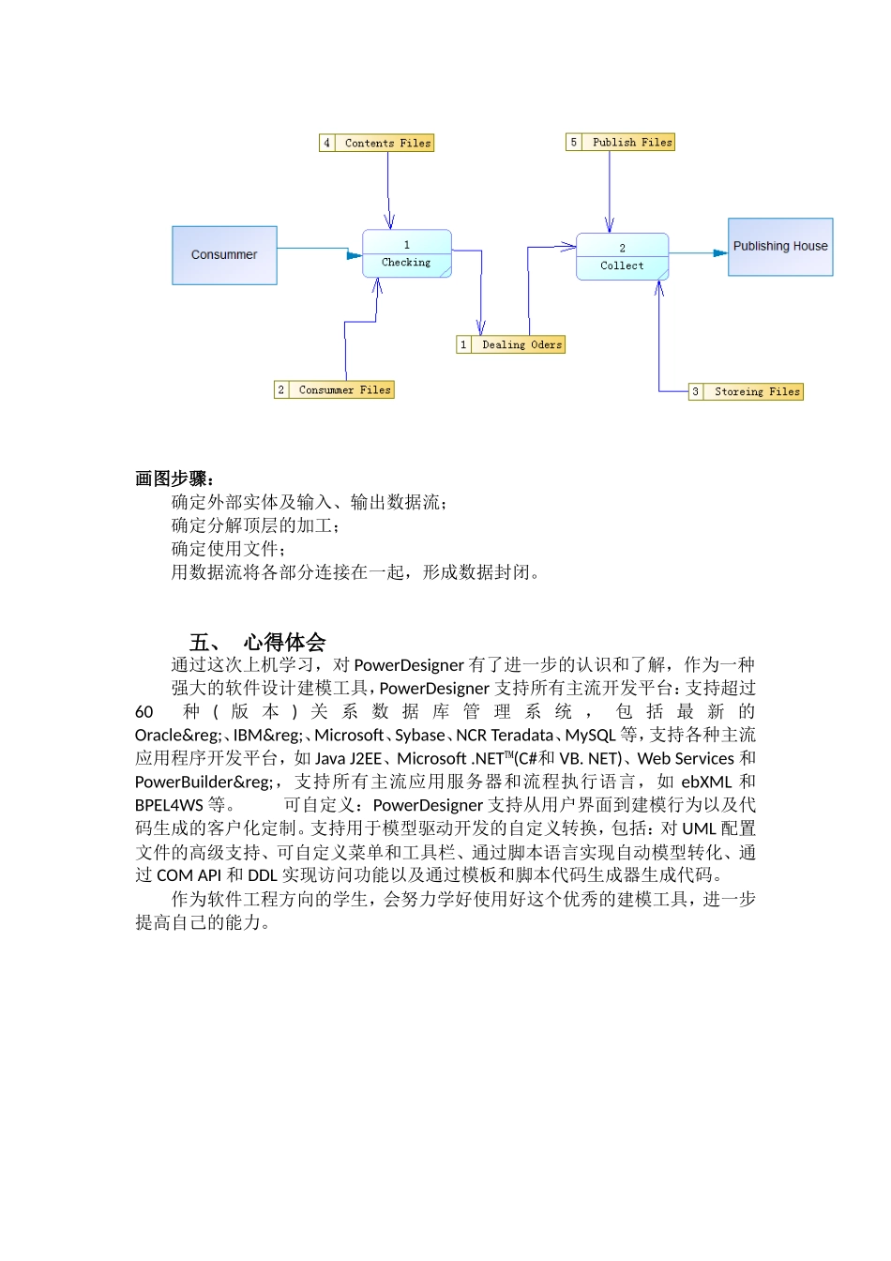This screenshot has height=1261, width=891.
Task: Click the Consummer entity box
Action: (x=224, y=255)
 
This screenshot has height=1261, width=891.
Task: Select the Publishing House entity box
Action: (x=780, y=247)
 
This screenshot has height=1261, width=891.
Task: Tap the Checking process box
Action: (x=407, y=253)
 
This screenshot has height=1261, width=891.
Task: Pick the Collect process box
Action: (x=622, y=256)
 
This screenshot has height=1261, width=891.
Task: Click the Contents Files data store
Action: (x=387, y=144)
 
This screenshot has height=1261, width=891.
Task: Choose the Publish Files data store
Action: (x=632, y=143)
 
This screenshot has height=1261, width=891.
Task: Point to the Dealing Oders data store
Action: (x=521, y=345)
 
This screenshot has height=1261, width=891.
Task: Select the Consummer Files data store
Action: (x=344, y=390)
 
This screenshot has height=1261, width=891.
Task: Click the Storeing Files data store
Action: (x=757, y=392)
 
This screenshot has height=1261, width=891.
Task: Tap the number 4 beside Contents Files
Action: (x=326, y=144)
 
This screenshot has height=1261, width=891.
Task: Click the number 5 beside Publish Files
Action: (x=574, y=143)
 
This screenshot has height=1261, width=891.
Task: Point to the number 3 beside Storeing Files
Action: (x=695, y=392)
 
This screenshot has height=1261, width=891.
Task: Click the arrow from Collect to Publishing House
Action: (x=699, y=253)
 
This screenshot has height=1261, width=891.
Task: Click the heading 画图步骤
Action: (x=174, y=479)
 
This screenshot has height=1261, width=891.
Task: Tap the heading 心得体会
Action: (x=284, y=643)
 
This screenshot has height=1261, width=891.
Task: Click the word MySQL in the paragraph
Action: (x=590, y=736)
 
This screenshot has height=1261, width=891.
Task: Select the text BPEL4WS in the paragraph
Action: (x=169, y=806)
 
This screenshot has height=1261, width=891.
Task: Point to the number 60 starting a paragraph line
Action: (x=143, y=712)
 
